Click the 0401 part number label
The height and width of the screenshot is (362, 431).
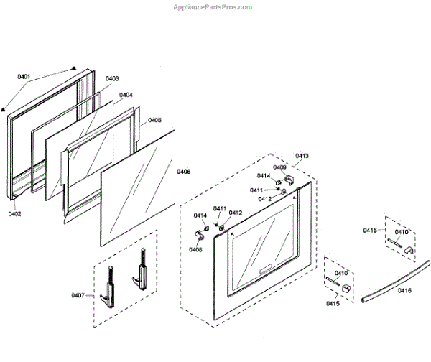click(x=24, y=77)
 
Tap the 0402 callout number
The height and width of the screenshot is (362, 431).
click(x=16, y=213)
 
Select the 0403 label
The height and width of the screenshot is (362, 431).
click(x=112, y=78)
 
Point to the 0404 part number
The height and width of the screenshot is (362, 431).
click(x=126, y=95)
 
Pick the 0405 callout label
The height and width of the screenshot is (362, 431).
click(x=154, y=120)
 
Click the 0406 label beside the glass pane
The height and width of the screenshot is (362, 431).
click(x=183, y=172)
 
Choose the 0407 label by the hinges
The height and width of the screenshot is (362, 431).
click(x=78, y=295)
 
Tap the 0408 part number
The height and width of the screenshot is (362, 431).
click(x=195, y=249)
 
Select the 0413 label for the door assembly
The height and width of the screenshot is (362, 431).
click(x=302, y=156)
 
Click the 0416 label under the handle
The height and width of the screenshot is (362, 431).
click(x=404, y=291)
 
